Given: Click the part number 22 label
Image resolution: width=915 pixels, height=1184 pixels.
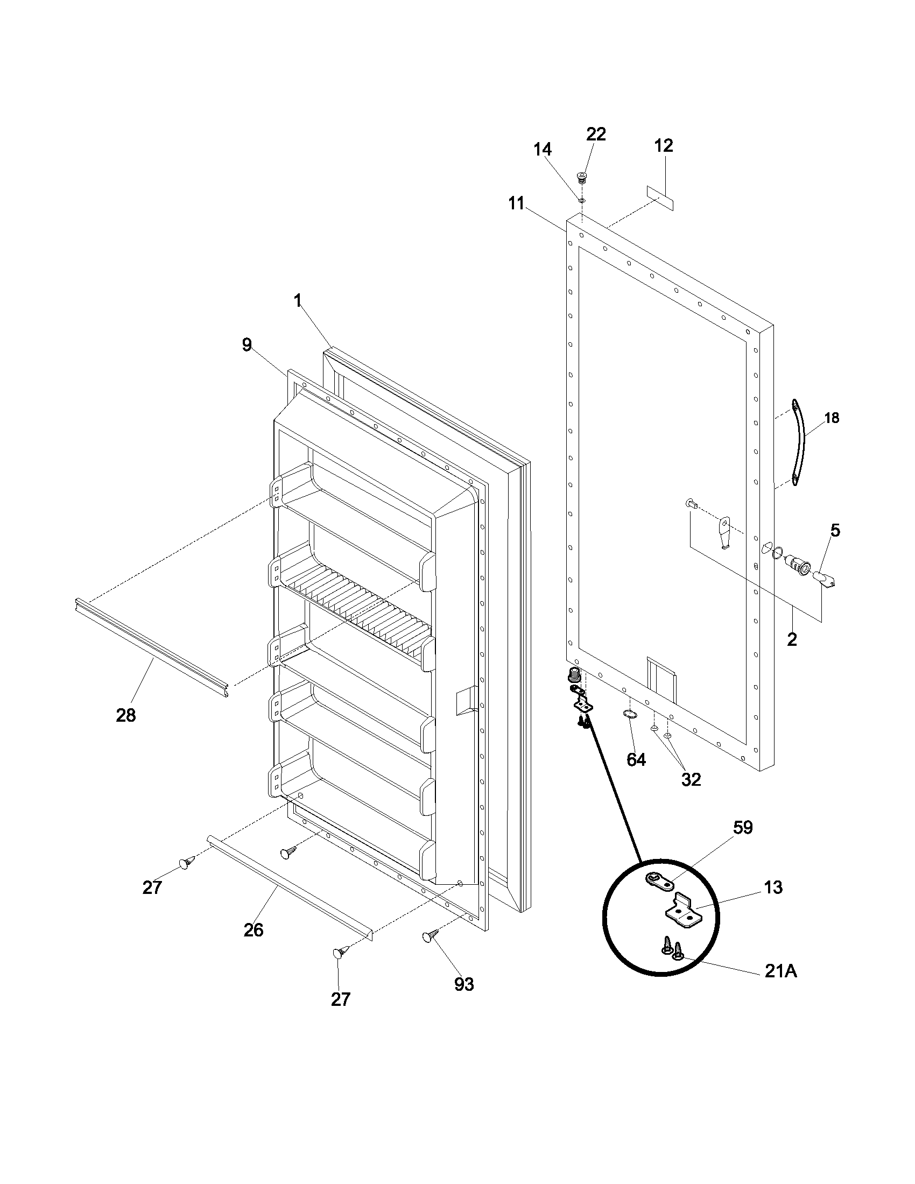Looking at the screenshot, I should (x=596, y=134).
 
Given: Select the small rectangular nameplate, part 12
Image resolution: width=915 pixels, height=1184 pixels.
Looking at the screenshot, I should (x=660, y=198).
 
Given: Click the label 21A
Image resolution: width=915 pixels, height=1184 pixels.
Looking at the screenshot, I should (x=780, y=972).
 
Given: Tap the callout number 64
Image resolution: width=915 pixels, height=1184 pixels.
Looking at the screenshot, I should (x=636, y=760).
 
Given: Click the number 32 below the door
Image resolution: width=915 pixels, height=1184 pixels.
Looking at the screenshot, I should (x=691, y=780).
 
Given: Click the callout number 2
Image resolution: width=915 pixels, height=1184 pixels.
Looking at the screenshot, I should (x=792, y=640).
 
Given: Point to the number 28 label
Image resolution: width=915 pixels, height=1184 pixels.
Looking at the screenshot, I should (x=126, y=715).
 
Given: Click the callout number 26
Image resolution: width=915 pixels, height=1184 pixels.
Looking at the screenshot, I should (x=253, y=930).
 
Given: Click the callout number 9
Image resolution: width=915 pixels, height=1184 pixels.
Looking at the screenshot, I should (x=247, y=345).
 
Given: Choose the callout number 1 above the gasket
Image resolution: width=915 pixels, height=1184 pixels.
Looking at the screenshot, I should (x=298, y=301).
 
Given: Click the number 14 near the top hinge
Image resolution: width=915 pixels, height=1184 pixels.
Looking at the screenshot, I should (x=543, y=149).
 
